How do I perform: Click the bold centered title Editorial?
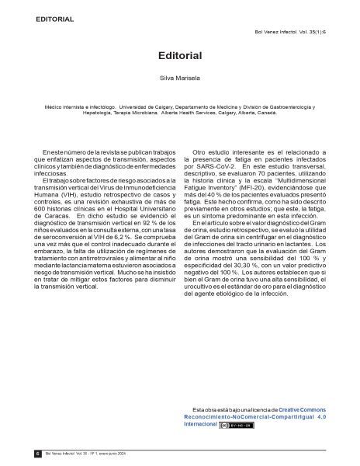[180, 57]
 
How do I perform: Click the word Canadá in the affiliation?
[265, 113]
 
